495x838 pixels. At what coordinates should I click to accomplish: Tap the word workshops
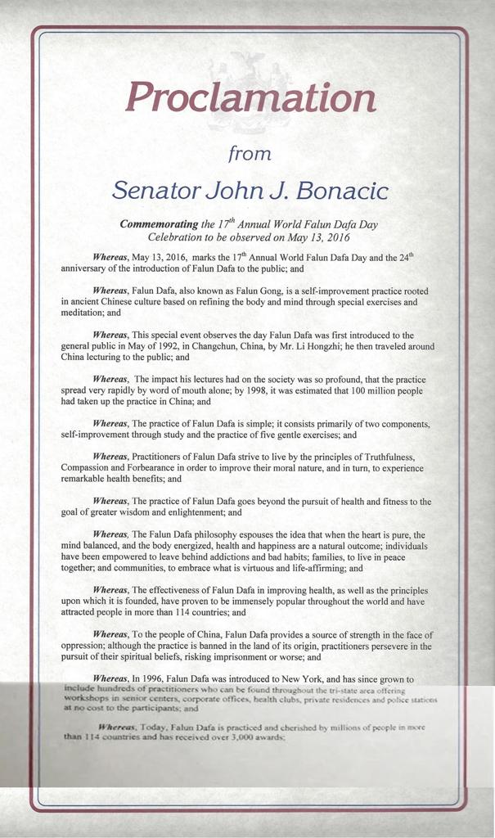tap(86, 701)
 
